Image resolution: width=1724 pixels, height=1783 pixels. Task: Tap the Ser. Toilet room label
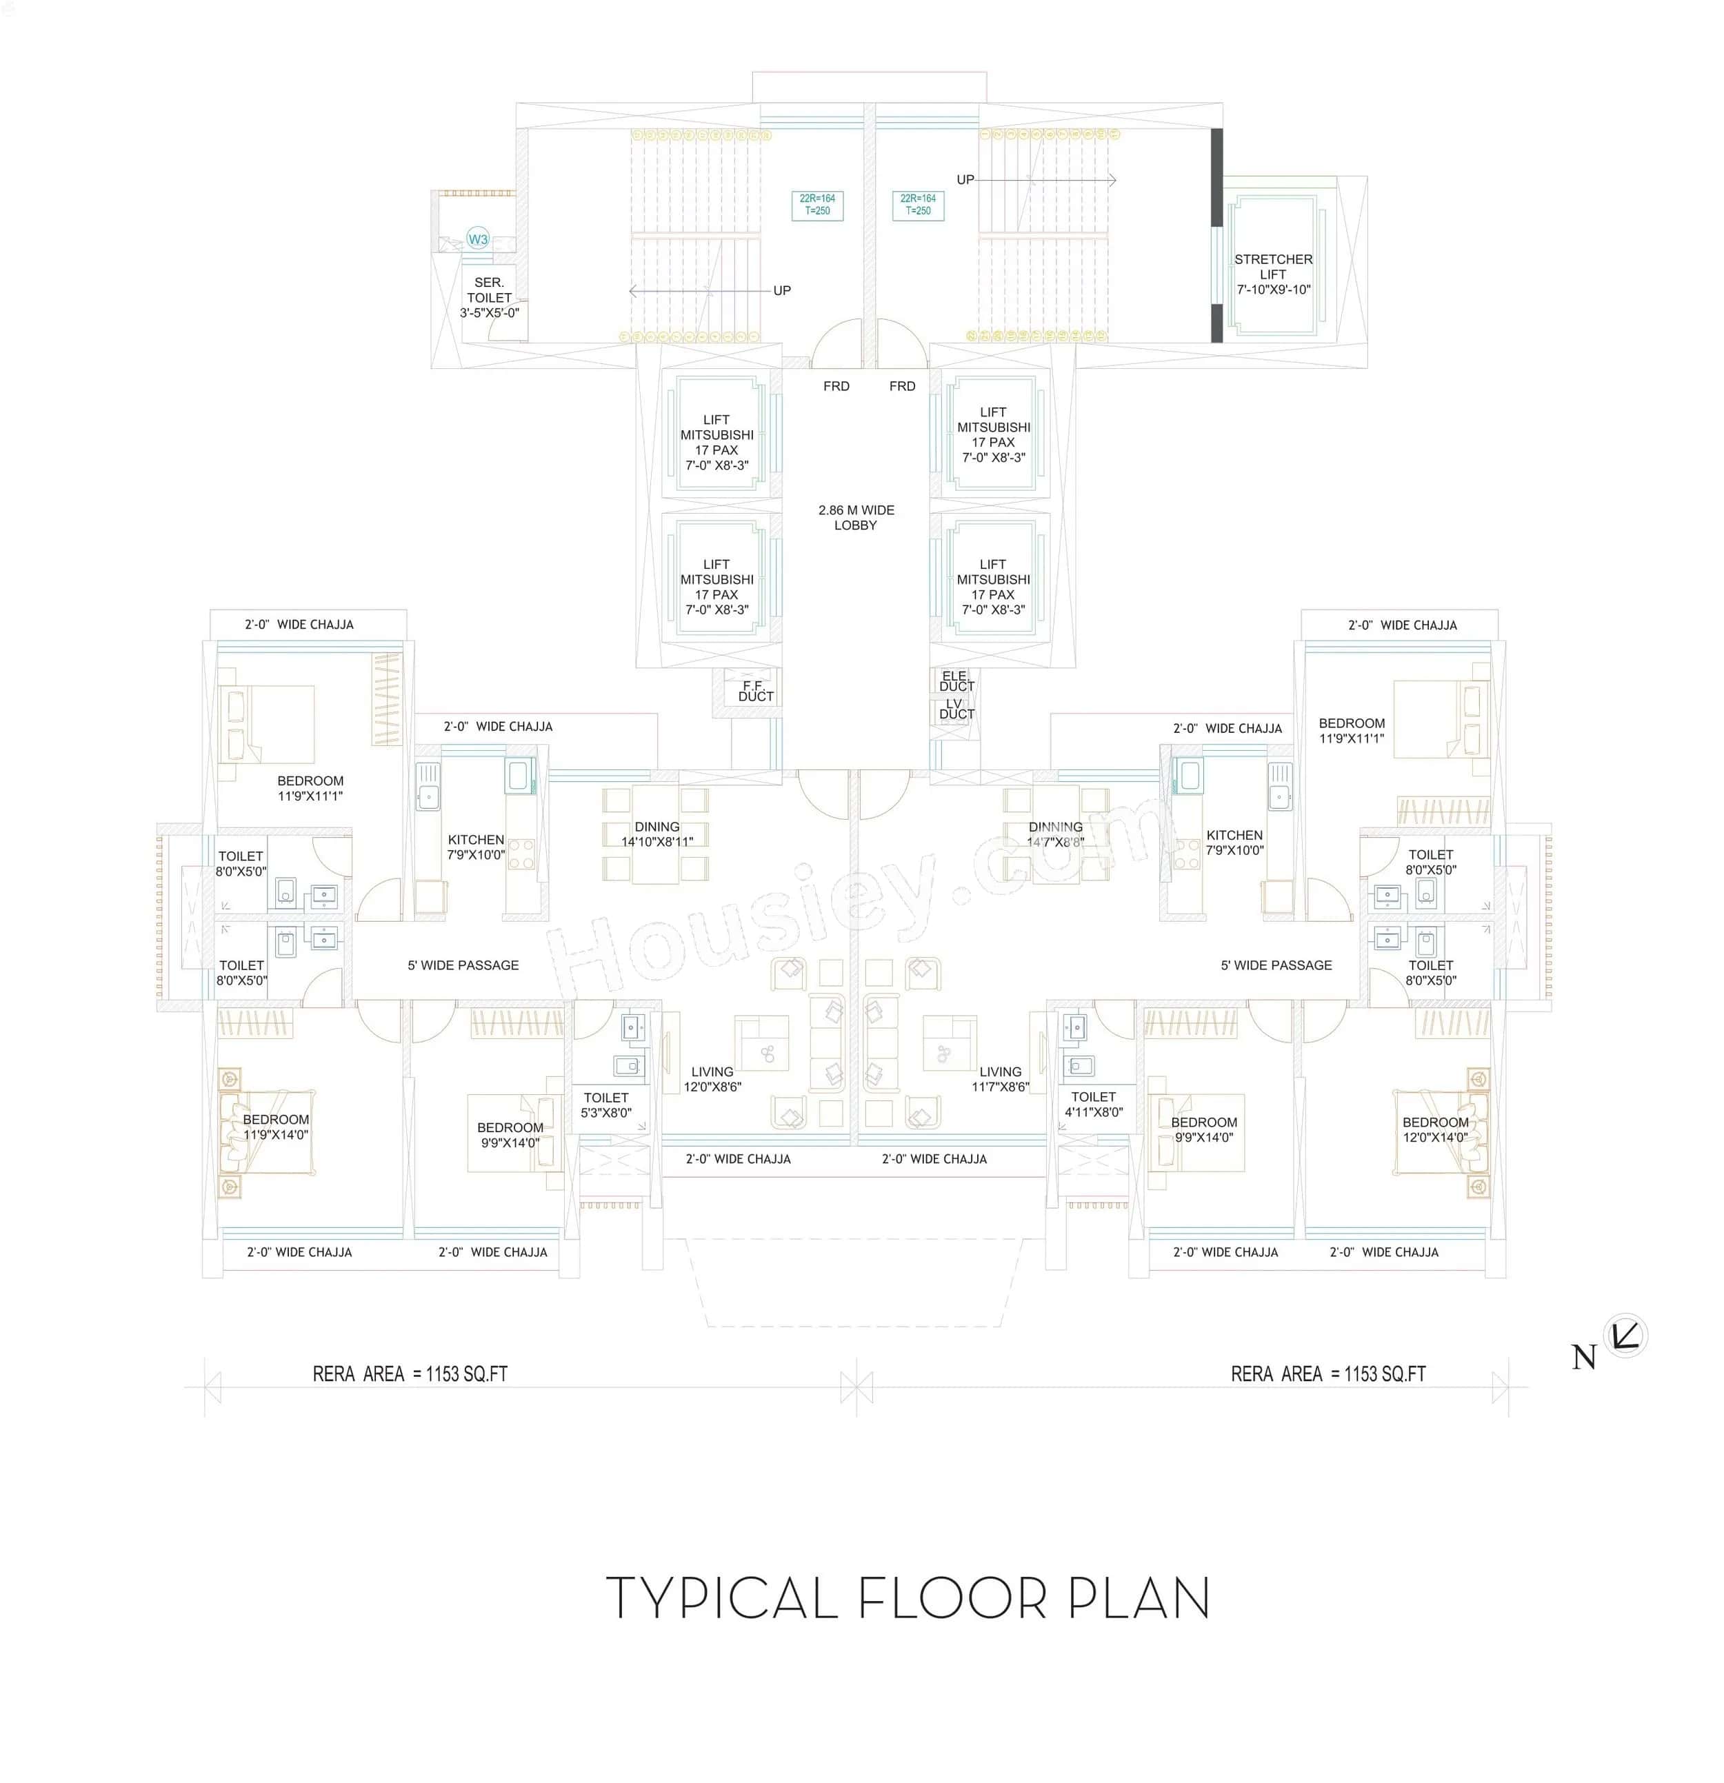coord(488,297)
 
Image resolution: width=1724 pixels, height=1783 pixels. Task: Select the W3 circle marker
coord(478,239)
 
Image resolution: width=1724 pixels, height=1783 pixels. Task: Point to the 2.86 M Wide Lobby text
coord(855,516)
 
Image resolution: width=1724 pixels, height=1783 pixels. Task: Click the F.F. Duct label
coord(755,690)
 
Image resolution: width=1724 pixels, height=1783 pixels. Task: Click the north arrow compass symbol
coord(1625,1336)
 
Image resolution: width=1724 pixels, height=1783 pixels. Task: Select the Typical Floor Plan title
coord(907,1598)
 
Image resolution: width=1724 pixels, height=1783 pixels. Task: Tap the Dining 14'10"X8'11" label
coord(657,834)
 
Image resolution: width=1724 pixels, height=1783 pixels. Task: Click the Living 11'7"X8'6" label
coord(1000,1079)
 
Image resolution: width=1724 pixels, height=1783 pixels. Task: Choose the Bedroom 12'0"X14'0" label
coord(1434,1129)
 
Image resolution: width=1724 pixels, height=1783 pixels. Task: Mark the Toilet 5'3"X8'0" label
coord(606,1105)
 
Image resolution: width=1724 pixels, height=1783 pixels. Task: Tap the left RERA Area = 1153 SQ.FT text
coord(410,1373)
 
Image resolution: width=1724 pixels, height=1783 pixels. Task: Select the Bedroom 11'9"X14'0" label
coord(276,1126)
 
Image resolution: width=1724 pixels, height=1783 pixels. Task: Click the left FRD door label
coord(836,385)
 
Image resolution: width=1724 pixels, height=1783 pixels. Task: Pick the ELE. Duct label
coord(956,681)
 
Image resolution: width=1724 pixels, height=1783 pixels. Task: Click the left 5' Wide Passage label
coord(463,965)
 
